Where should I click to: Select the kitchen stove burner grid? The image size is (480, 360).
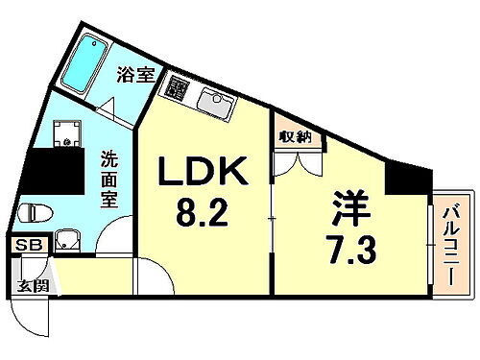(x=177, y=87)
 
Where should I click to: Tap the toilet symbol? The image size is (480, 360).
(x=29, y=212)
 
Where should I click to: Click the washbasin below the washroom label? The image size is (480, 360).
(x=67, y=240)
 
